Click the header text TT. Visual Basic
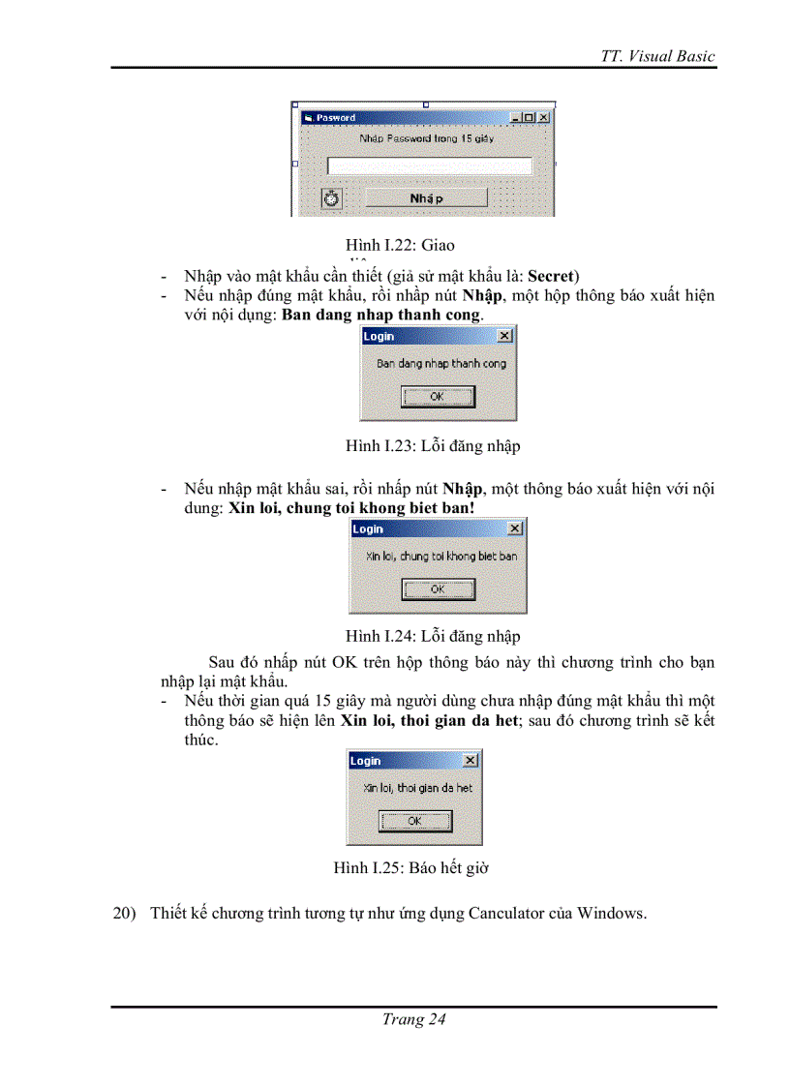point(657,55)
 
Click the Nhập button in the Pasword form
point(426,197)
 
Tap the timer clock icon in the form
point(332,197)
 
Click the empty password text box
point(430,166)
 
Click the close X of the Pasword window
point(543,117)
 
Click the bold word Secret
point(551,276)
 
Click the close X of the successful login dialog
point(503,336)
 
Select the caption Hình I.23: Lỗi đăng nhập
point(433,445)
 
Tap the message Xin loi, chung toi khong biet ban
point(441,556)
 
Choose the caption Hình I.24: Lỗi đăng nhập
point(433,636)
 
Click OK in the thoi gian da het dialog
point(414,821)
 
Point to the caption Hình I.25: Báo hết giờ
point(410,867)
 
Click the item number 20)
point(127,913)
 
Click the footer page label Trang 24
point(413,1019)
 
